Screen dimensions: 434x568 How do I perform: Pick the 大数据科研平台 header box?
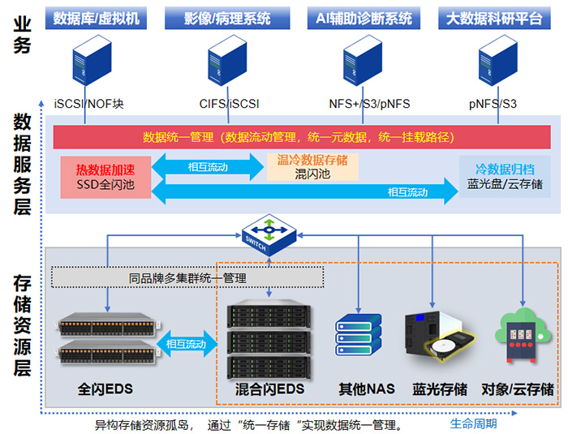click(493, 17)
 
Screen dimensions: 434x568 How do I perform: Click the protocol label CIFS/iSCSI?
click(230, 104)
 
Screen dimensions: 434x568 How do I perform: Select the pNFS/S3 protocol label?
click(493, 104)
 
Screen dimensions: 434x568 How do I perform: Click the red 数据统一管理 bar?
click(295, 136)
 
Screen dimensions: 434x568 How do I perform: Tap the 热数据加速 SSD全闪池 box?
click(105, 178)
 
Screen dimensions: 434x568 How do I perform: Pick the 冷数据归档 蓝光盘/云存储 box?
click(505, 177)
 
